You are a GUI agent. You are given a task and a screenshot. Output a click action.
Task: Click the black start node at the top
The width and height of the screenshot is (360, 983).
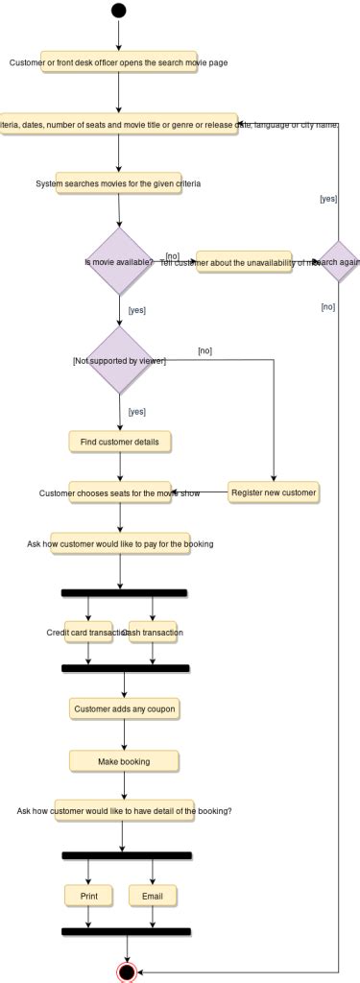[118, 11]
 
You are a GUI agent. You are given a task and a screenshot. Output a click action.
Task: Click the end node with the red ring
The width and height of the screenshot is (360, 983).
[126, 971]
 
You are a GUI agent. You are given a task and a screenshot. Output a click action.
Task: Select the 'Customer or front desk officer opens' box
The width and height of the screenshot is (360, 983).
[119, 62]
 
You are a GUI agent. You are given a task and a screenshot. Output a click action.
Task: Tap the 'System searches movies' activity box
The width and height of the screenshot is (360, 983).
[118, 182]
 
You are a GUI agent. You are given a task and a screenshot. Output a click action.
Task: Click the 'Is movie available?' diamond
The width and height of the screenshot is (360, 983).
[119, 261]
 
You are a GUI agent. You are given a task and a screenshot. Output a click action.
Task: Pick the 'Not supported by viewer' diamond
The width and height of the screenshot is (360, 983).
[120, 360]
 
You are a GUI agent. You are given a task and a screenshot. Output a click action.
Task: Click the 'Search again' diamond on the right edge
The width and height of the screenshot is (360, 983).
[341, 261]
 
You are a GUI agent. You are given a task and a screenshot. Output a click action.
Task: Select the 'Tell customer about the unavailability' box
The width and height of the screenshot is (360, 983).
[244, 261]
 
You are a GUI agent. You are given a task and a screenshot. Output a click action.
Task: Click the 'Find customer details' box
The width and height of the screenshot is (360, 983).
[120, 441]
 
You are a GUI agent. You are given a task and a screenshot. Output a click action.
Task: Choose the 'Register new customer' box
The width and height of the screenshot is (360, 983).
[274, 492]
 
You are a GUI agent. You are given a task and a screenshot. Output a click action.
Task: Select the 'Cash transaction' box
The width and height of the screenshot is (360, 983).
[153, 633]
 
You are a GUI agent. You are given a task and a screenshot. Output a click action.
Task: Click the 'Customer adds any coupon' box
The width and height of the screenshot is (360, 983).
[125, 709]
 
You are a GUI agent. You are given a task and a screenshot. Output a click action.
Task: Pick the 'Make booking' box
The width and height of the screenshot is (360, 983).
[124, 761]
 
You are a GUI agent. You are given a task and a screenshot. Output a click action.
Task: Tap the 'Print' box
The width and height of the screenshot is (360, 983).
[88, 895]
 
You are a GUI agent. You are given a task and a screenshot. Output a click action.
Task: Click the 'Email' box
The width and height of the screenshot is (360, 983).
[153, 895]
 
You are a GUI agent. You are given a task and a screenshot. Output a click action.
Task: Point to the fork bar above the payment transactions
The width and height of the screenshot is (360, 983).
[124, 592]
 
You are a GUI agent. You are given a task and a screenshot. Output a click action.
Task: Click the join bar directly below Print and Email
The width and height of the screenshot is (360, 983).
[126, 931]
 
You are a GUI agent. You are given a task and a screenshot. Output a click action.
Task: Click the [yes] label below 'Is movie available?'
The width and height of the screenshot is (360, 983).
[136, 310]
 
